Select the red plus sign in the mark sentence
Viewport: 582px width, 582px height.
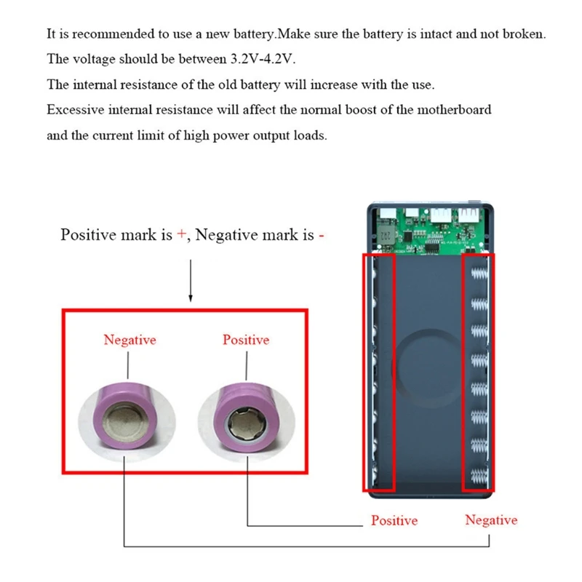pos(181,235)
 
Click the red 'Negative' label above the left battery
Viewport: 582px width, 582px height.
pos(129,340)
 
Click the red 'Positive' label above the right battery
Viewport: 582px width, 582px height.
pos(246,340)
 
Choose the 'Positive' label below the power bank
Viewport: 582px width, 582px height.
pos(394,521)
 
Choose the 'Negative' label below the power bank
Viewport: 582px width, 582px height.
pos(491,520)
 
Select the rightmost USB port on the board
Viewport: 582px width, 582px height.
pos(466,215)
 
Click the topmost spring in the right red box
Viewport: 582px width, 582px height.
pos(479,274)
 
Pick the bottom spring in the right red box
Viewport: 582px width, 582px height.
pos(479,479)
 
